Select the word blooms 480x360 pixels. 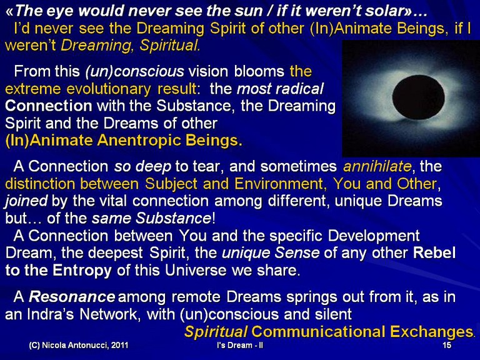[259, 71]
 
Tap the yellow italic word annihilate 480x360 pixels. [377, 166]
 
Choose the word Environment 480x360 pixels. [279, 184]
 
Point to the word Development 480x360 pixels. [374, 236]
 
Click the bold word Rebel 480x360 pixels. [434, 253]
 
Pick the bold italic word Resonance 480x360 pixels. [72, 297]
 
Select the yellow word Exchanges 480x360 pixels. [431, 332]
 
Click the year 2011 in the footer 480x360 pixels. [120, 345]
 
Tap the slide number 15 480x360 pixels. [447, 345]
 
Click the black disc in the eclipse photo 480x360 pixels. [418, 97]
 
